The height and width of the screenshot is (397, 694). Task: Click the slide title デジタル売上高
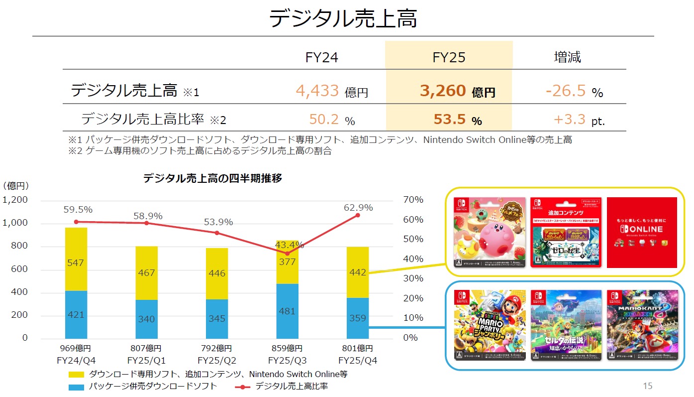click(343, 19)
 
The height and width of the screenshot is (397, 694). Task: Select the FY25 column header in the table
click(449, 57)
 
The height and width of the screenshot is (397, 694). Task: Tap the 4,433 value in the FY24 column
click(317, 91)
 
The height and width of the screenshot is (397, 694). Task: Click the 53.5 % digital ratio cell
click(450, 120)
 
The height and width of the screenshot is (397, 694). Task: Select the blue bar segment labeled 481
click(288, 311)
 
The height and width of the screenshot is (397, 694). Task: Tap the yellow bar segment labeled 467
click(147, 273)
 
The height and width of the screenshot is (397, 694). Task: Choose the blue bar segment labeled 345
click(217, 318)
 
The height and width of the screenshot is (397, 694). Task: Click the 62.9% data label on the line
click(358, 208)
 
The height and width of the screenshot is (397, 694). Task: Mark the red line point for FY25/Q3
click(287, 254)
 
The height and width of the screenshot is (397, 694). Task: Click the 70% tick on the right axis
click(413, 200)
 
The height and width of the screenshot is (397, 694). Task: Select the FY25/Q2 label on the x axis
click(217, 360)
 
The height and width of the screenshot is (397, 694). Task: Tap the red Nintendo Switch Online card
click(642, 232)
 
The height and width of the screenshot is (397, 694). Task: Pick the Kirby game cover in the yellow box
click(490, 232)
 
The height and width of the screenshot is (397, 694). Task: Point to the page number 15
click(647, 386)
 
